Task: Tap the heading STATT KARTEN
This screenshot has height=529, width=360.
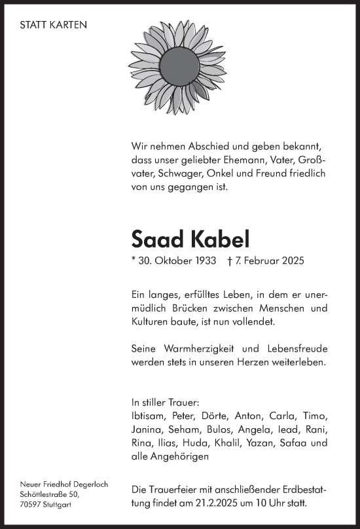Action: coord(54,25)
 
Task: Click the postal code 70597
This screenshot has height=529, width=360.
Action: coord(31,505)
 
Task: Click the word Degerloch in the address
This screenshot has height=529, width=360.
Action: coord(88,484)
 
